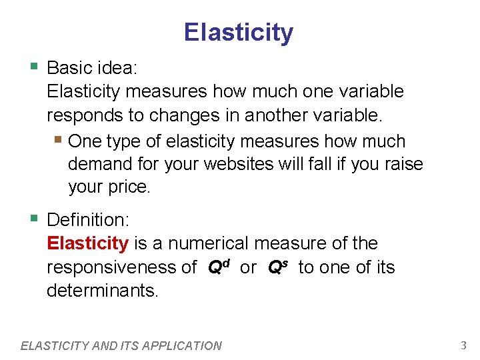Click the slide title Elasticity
point(239,32)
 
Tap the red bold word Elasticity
point(87,243)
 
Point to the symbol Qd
point(219,267)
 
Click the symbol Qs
point(277,267)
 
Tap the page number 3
point(463,345)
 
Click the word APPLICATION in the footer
point(183,345)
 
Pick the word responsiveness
point(121,268)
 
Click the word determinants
point(102,291)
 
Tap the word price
point(129,187)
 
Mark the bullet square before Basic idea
point(34,67)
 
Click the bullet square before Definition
point(34,219)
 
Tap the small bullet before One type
point(59,141)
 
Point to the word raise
point(399,164)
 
